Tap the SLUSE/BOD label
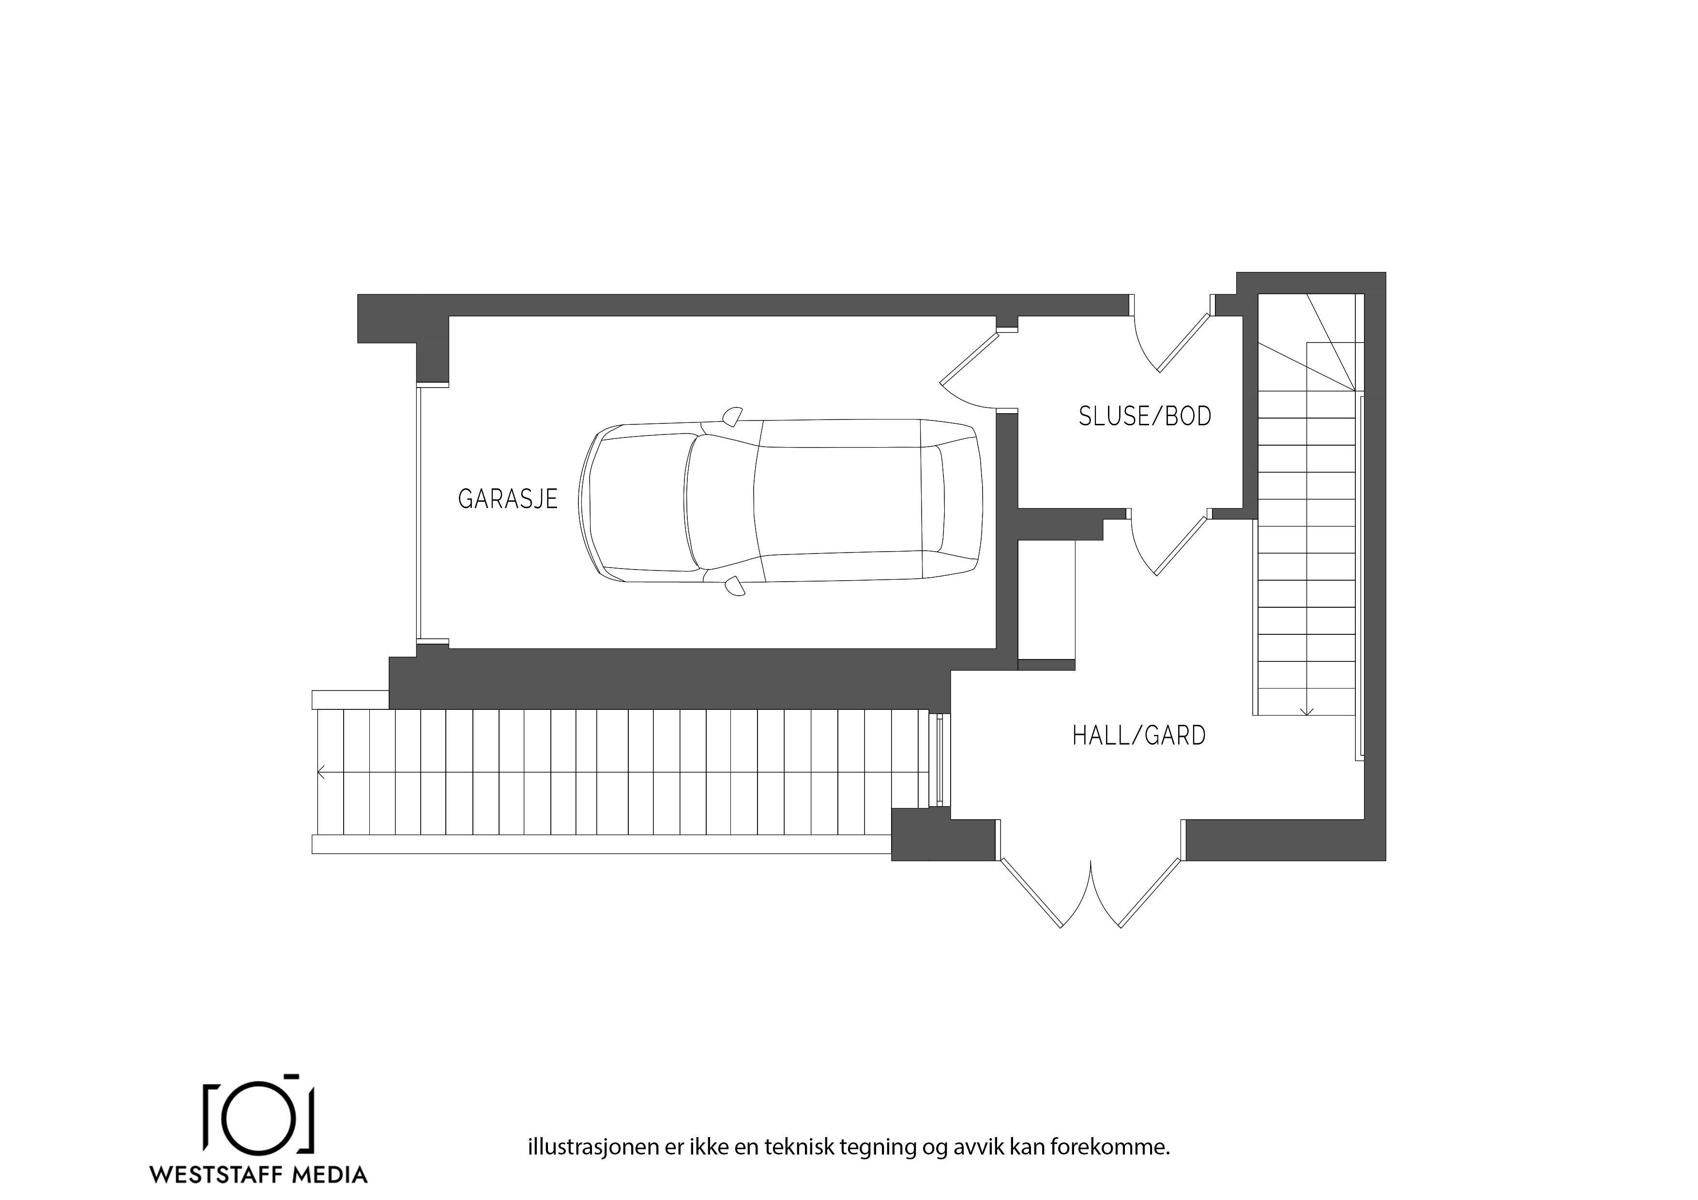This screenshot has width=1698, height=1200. [x=1145, y=416]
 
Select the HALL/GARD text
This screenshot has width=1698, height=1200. [x=1139, y=735]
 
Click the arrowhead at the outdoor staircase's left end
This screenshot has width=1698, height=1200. [x=321, y=773]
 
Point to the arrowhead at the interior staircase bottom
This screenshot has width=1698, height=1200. [x=1307, y=711]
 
